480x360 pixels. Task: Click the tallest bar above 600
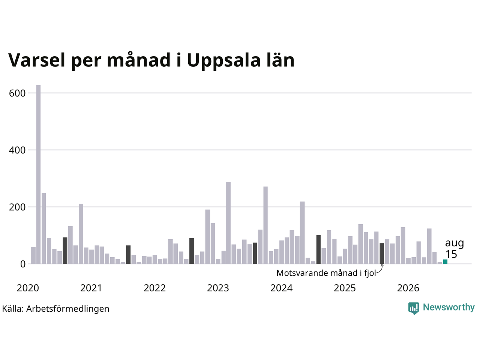(38, 174)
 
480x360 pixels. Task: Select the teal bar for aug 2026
(445, 262)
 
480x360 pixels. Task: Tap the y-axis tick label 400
(17, 150)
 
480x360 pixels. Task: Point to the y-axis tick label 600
(17, 93)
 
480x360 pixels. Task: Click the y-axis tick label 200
(17, 207)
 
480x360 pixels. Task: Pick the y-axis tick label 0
(23, 264)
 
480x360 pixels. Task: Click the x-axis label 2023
(218, 288)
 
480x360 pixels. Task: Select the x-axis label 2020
(28, 288)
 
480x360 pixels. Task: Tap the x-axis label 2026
(408, 288)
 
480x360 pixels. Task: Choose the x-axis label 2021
(91, 288)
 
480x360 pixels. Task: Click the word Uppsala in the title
(224, 61)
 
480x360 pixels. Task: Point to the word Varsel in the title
(37, 60)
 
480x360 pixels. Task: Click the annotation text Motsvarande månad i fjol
(326, 273)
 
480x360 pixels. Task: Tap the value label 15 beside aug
(451, 254)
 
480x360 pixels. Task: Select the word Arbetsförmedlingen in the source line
(67, 309)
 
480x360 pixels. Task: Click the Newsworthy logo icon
(414, 308)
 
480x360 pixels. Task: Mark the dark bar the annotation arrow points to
(382, 253)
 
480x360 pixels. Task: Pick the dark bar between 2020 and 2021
(65, 250)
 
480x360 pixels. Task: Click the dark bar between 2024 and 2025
(318, 249)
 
